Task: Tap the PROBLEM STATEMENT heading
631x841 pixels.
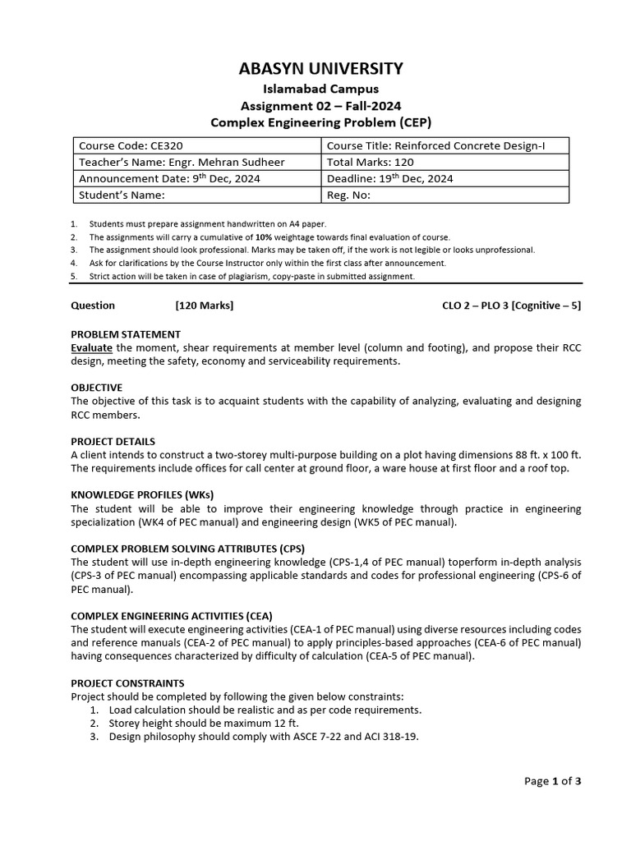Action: pyautogui.click(x=126, y=334)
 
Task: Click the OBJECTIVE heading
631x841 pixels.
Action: pyautogui.click(x=96, y=388)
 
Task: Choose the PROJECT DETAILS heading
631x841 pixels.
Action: pyautogui.click(x=113, y=441)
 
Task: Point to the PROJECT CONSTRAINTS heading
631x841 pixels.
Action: pyautogui.click(x=127, y=683)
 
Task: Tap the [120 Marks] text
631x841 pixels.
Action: pyautogui.click(x=205, y=306)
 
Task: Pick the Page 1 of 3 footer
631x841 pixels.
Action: pyautogui.click(x=552, y=781)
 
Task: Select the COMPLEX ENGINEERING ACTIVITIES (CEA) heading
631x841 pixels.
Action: pyautogui.click(x=172, y=616)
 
